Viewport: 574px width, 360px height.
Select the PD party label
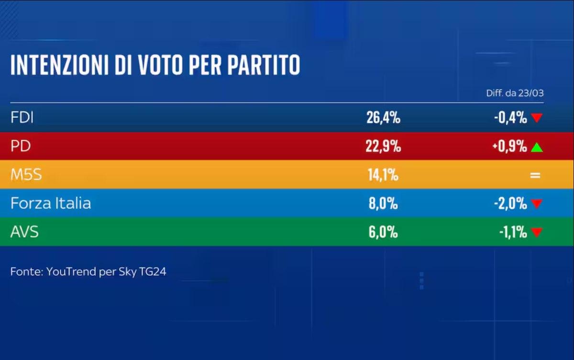pos(20,146)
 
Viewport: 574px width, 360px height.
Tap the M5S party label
pos(26,175)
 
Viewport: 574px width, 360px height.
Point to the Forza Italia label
pos(51,203)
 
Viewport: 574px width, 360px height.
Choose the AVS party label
pos(24,232)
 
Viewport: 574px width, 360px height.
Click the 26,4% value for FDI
pos(383,118)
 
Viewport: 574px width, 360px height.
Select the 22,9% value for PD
pos(383,146)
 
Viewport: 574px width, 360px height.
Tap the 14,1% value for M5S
pos(382,175)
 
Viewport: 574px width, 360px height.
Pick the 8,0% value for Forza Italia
pos(382,203)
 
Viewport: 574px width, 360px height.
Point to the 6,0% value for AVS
pos(382,232)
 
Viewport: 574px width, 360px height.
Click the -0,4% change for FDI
pos(510,118)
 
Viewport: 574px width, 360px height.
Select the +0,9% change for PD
pos(509,146)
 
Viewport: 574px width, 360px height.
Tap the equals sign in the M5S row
pos(535,175)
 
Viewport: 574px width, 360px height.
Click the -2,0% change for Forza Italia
pos(510,203)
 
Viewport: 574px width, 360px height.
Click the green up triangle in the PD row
pos(537,147)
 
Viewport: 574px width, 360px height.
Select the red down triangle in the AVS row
pos(537,233)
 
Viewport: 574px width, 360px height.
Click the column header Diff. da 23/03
pos(515,93)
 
